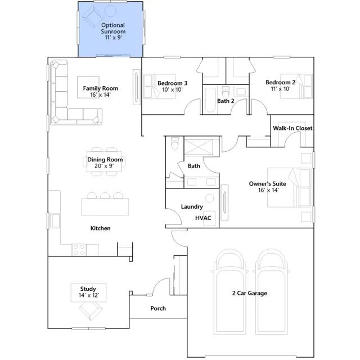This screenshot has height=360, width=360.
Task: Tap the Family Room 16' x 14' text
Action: point(101,91)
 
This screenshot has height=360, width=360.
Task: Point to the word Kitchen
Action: point(100,228)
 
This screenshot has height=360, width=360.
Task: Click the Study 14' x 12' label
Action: point(88,292)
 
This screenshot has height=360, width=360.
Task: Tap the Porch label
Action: point(158,308)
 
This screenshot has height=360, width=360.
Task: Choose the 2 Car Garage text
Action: point(250,293)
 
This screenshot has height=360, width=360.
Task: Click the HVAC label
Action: point(203,218)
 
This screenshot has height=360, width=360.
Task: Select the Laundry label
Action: point(192,206)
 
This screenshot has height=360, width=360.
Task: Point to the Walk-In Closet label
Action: point(292,128)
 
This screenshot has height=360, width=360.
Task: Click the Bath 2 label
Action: point(226,101)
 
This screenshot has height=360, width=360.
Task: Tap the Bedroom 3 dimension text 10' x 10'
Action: point(172,89)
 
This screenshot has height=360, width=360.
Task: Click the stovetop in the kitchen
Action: point(79,250)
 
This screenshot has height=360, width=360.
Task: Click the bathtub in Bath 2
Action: point(210,100)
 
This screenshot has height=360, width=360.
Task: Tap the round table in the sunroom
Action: point(110,11)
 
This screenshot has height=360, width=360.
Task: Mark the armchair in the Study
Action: point(91,310)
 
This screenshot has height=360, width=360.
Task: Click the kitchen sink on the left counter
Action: point(55,220)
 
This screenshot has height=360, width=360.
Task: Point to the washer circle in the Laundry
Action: point(209,199)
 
